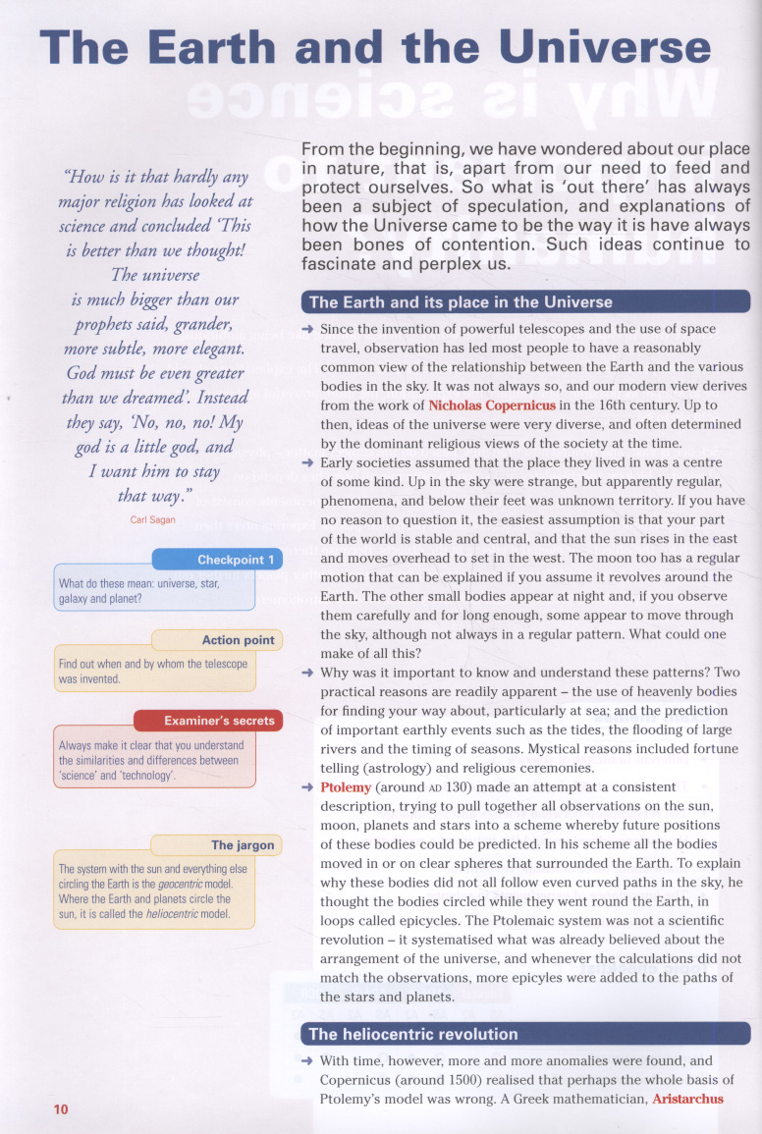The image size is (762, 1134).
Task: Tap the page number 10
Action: click(61, 1109)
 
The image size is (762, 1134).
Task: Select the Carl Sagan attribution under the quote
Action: click(152, 519)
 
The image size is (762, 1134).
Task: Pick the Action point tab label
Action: click(238, 640)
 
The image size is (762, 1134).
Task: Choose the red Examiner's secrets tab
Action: click(219, 721)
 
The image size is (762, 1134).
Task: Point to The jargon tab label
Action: click(243, 844)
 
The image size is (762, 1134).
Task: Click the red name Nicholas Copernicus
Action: click(492, 405)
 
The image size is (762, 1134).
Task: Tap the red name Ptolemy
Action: click(347, 787)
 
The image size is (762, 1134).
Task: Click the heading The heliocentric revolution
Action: click(413, 1034)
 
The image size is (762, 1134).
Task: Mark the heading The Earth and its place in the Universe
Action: click(461, 302)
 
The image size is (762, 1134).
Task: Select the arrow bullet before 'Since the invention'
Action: click(307, 329)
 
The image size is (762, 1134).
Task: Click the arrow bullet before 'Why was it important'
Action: click(307, 673)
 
